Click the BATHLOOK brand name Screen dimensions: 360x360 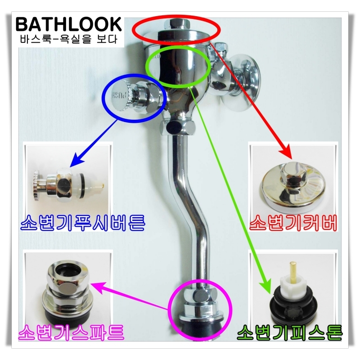(x=68, y=24)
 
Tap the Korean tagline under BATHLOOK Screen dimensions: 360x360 (x=68, y=39)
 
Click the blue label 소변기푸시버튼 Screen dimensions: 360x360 (x=83, y=222)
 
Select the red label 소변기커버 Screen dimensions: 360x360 (x=293, y=222)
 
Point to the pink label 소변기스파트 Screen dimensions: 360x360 (x=71, y=333)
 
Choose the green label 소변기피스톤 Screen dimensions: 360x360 (x=289, y=333)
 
